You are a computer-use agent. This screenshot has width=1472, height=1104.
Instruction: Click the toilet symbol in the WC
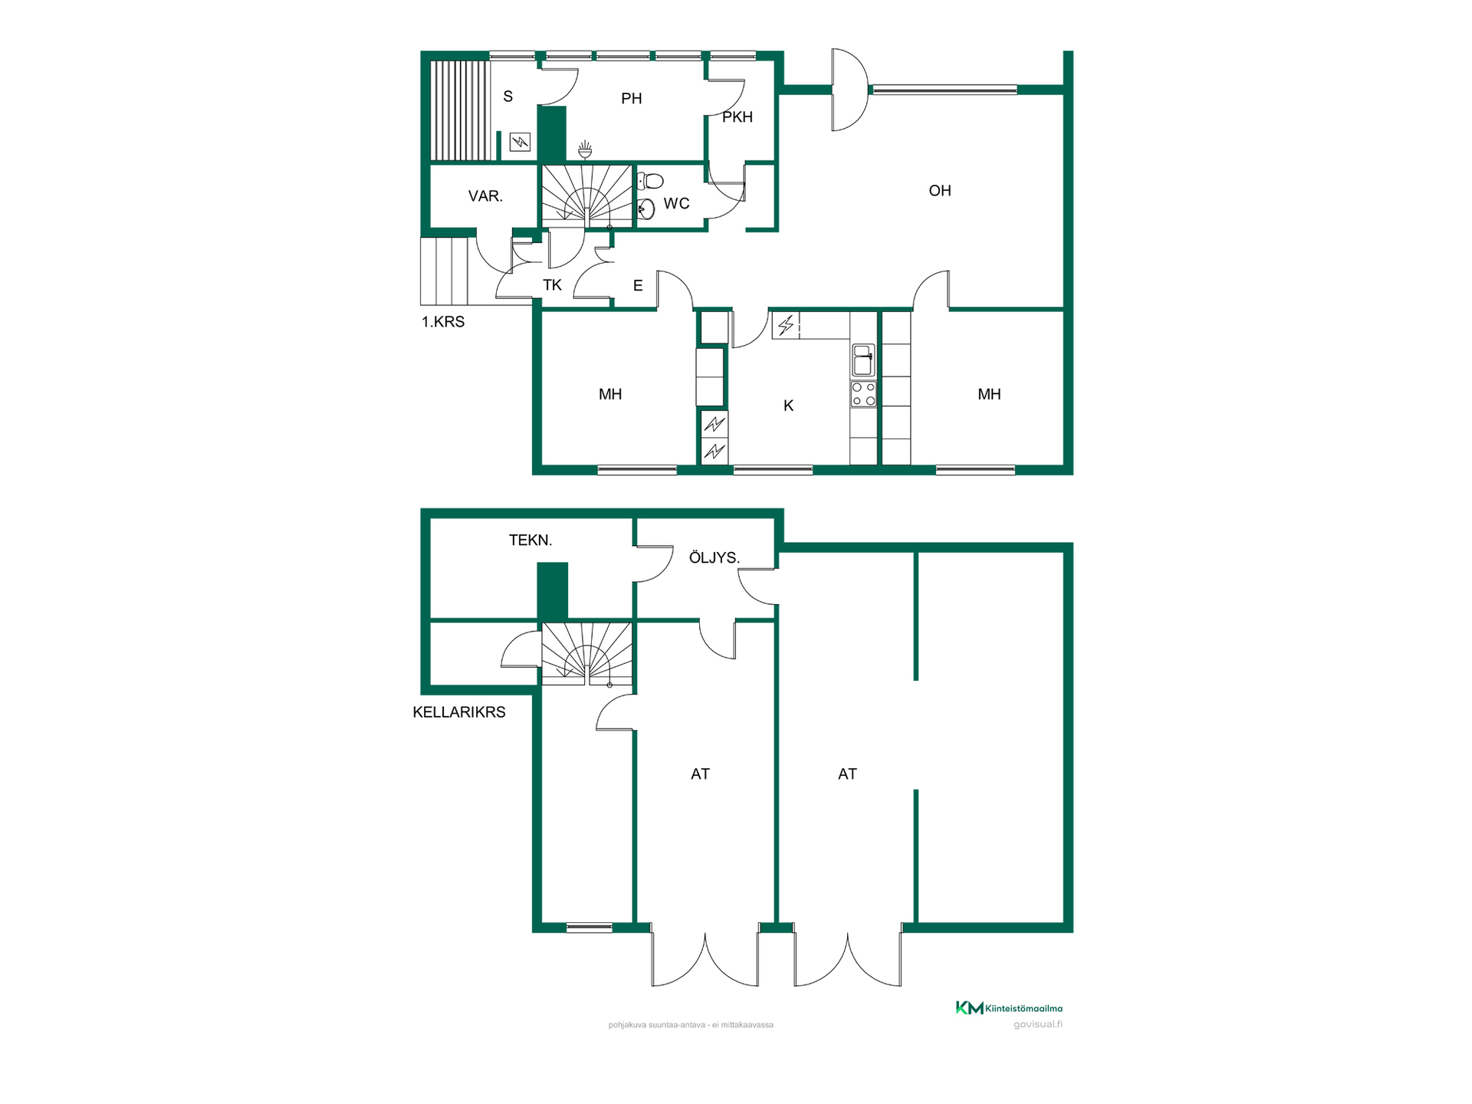click(650, 181)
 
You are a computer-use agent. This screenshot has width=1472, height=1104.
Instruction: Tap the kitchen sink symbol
click(863, 360)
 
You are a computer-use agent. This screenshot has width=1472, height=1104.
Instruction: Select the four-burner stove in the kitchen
click(863, 394)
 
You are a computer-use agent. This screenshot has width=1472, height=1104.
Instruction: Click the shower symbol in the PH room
click(585, 149)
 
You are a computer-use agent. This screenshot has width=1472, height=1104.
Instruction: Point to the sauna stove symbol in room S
click(520, 142)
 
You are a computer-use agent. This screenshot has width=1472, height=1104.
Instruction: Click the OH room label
click(940, 191)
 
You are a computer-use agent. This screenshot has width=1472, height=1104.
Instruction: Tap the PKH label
click(738, 117)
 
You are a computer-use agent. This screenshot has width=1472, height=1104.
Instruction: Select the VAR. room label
click(485, 196)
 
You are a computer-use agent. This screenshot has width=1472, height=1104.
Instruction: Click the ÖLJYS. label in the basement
click(714, 557)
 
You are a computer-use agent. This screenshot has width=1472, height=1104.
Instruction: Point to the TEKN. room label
click(531, 540)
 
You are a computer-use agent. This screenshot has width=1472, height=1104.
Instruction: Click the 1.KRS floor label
click(443, 322)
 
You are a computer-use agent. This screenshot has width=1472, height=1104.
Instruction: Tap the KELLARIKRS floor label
click(459, 712)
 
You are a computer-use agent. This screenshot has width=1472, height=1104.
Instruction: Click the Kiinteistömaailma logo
click(1009, 1008)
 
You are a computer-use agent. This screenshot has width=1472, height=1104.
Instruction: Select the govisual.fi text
click(1038, 1024)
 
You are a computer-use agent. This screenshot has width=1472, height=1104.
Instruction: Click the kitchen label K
click(788, 406)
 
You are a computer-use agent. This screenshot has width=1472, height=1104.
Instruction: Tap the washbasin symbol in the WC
click(646, 209)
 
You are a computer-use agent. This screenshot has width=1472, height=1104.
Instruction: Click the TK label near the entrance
click(552, 285)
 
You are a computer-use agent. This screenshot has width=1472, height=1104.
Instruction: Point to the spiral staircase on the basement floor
click(587, 654)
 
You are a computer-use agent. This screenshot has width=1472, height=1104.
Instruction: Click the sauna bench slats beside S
click(459, 110)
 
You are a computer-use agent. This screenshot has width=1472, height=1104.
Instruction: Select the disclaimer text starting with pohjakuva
click(691, 1025)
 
